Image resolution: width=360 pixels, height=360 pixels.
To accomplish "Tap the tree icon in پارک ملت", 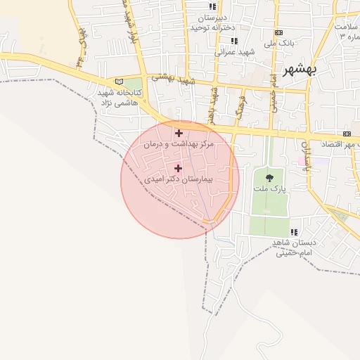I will point(270,175).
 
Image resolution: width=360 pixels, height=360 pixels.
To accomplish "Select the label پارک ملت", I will point(270,188).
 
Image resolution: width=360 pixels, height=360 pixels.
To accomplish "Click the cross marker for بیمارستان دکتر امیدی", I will point(178,168).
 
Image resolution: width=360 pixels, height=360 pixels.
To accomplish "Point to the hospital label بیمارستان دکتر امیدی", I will point(178,180).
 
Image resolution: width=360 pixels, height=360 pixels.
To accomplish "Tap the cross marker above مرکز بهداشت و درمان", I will point(179,132).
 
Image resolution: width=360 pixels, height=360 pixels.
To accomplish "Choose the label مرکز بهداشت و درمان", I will point(178,143).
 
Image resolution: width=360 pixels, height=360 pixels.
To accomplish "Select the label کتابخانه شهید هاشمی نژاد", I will point(114,98).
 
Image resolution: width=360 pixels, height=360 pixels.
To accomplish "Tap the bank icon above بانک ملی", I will point(279,32).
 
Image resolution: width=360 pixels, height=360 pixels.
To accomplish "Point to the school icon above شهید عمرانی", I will point(234,41).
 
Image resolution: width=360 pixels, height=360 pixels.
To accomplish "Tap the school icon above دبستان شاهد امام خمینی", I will point(293,231).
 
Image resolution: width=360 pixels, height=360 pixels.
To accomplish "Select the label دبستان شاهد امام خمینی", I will point(296,247).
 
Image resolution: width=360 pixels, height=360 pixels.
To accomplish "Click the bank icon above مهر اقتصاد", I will point(347,134).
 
